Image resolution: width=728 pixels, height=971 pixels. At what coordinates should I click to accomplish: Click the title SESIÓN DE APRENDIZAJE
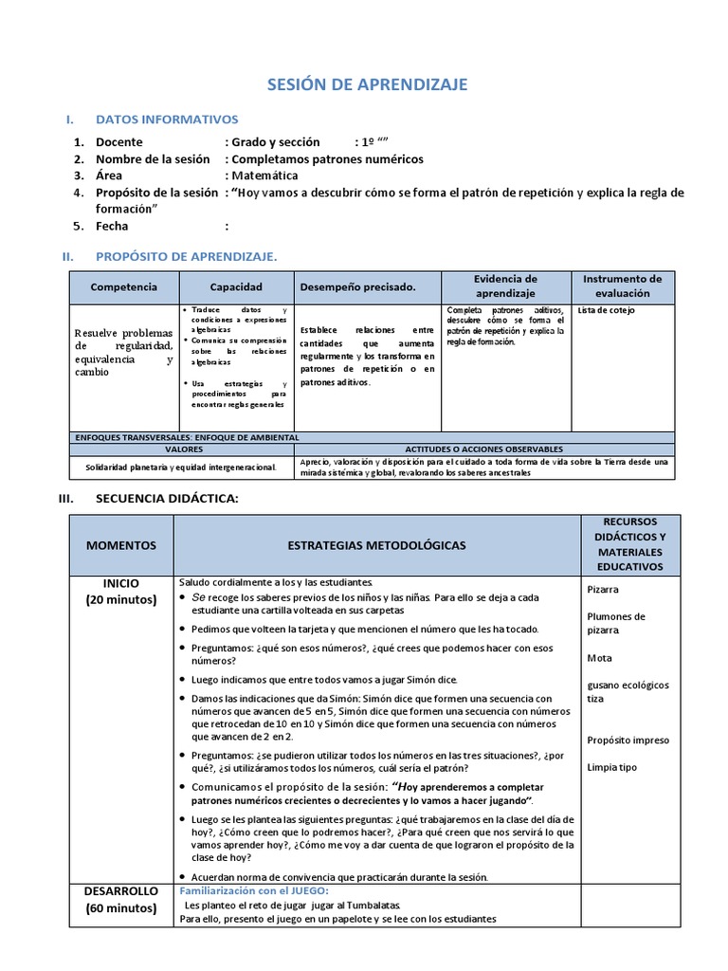click(x=365, y=85)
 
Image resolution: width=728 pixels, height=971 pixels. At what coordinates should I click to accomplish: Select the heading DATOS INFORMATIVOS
click(x=167, y=119)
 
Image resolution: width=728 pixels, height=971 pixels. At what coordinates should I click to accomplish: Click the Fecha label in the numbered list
click(x=112, y=227)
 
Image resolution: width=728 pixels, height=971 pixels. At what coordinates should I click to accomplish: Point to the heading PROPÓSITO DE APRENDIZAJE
click(x=186, y=256)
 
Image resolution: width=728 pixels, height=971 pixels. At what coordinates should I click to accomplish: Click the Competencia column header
click(x=123, y=286)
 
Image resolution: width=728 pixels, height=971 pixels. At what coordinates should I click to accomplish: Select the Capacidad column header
click(x=236, y=286)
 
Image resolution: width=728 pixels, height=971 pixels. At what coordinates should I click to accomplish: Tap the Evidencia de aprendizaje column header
click(x=505, y=286)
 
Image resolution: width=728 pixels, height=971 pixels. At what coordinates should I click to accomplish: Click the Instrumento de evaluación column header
click(x=622, y=286)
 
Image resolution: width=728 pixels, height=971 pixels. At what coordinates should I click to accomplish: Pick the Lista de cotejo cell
click(x=607, y=311)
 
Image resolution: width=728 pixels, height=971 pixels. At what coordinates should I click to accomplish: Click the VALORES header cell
click(x=184, y=449)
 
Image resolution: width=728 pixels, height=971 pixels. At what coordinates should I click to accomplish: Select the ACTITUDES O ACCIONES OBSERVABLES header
click(x=483, y=449)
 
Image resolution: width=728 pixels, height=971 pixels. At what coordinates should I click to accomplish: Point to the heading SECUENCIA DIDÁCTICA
click(x=167, y=499)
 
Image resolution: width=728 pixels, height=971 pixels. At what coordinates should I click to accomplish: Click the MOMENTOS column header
click(x=121, y=546)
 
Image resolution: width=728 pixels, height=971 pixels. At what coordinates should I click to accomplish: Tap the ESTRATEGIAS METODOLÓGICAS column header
click(x=376, y=546)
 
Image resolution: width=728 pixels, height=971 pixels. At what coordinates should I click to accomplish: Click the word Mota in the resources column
click(x=599, y=658)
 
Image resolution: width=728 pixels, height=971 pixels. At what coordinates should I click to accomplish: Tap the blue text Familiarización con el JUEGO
click(x=253, y=891)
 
